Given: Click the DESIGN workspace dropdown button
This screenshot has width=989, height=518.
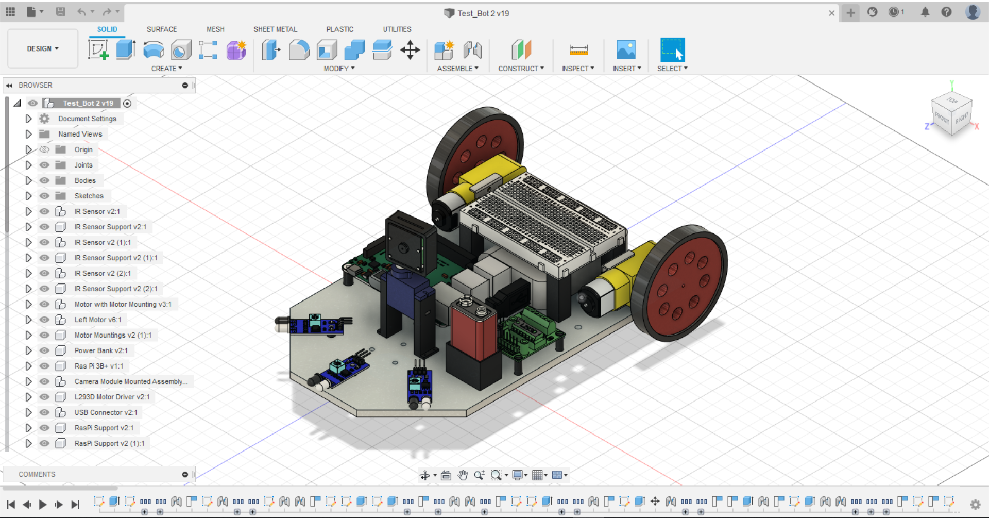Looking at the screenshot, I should point(42,48).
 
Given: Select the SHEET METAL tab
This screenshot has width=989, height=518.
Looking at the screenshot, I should point(275,29).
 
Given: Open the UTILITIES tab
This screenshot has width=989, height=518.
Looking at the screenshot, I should point(397,29).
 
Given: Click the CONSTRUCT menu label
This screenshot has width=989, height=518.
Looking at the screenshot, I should point(520,69).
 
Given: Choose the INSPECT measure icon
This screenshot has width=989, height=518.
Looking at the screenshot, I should point(578,50).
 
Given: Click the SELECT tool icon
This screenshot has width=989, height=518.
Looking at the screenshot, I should point(672,50).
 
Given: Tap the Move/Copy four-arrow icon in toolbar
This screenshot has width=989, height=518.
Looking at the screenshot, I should point(410,50).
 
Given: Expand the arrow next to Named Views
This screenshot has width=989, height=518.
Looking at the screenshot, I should point(28,134).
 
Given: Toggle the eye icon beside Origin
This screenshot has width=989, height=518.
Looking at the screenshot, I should point(45,149).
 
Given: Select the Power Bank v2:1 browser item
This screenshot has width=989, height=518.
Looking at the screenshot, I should point(101,350).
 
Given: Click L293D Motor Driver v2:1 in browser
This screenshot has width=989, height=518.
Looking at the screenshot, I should point(112,397).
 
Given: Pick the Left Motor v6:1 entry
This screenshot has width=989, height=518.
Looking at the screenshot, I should point(98,320).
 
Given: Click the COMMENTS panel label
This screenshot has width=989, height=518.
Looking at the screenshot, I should point(37,474).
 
